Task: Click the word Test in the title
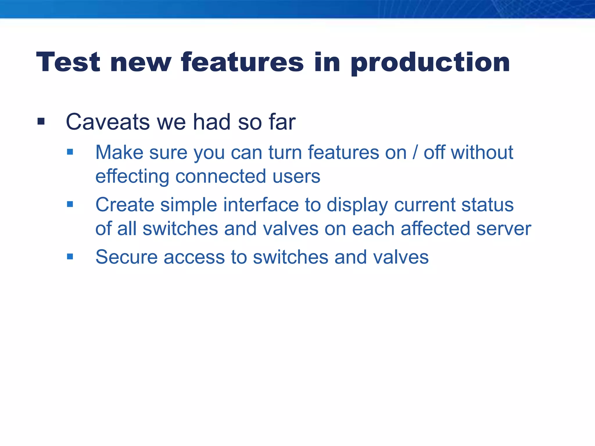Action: pos(68,62)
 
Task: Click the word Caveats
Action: pos(108,122)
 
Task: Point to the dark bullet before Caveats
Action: pos(41,121)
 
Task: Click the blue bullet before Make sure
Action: pos(70,152)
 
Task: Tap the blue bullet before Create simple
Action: pos(70,204)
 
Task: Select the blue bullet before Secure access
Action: pos(70,257)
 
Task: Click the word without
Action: pos(482,152)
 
